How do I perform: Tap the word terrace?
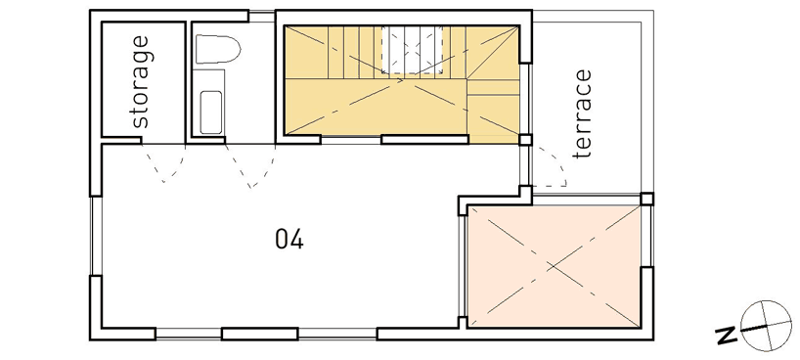pos(584,113)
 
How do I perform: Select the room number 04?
pos(289,238)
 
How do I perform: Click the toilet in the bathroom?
pos(215,49)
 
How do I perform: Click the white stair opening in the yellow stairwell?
pos(411,49)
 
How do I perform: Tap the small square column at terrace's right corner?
pos(645,199)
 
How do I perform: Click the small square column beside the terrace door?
pos(525,139)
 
